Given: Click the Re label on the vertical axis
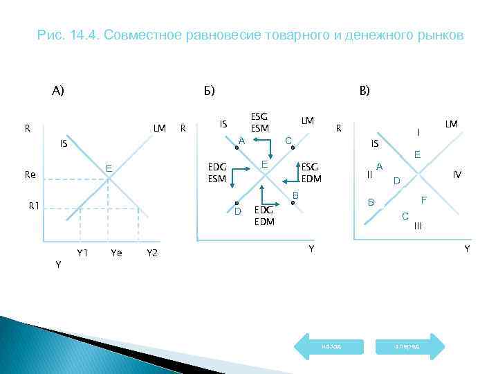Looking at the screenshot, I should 30,175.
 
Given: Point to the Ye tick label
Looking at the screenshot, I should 116,253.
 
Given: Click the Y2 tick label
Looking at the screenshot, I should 153,253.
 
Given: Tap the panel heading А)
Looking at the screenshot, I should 57,90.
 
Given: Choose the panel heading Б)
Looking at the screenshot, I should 209,91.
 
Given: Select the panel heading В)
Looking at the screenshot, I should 364,91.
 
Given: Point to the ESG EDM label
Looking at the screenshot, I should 310,172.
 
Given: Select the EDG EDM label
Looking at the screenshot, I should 264,215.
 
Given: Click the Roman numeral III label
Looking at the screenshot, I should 418,226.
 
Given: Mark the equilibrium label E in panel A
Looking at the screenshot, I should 109,168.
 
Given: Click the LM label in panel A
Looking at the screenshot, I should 160,128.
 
